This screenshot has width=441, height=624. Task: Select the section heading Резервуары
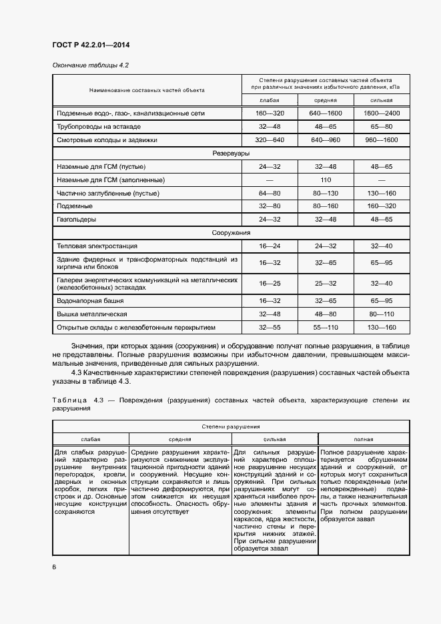pos(231,153)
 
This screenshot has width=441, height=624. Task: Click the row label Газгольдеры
pos(77,220)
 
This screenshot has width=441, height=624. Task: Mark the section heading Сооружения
pos(231,233)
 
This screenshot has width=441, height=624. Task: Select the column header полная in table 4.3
pos(364,440)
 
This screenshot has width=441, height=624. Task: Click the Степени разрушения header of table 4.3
pos(231,425)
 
